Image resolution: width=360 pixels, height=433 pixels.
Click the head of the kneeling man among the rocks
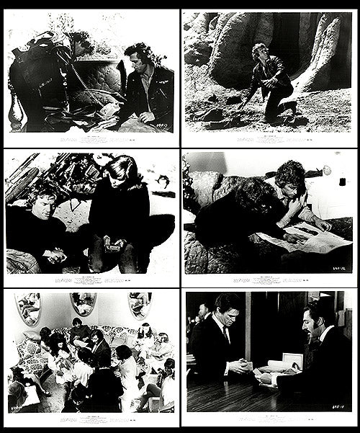258,53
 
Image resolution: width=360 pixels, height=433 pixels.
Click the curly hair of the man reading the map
289,174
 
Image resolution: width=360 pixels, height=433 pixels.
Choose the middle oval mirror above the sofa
83,305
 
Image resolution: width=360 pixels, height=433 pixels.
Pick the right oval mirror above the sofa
138,305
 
